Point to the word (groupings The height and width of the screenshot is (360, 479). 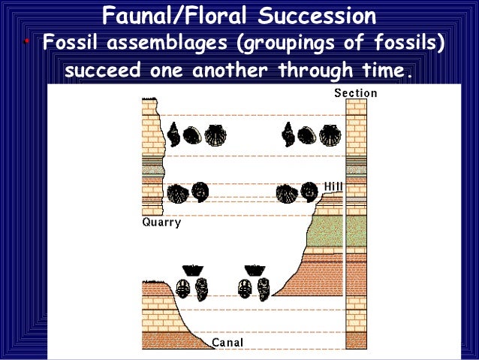[x=288, y=43]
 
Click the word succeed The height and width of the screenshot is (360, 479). [x=102, y=72]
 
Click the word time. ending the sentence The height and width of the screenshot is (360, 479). [x=384, y=72]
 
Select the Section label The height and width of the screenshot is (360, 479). [x=355, y=94]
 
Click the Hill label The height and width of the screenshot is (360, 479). [x=333, y=186]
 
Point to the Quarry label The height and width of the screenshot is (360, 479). [x=161, y=222]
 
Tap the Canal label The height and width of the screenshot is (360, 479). [x=227, y=343]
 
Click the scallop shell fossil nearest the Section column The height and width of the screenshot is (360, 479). [x=329, y=135]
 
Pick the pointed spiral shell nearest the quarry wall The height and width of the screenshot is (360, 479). [x=173, y=135]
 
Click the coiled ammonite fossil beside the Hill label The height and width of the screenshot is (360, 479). [x=309, y=192]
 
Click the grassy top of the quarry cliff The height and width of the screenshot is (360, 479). [x=152, y=99]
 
